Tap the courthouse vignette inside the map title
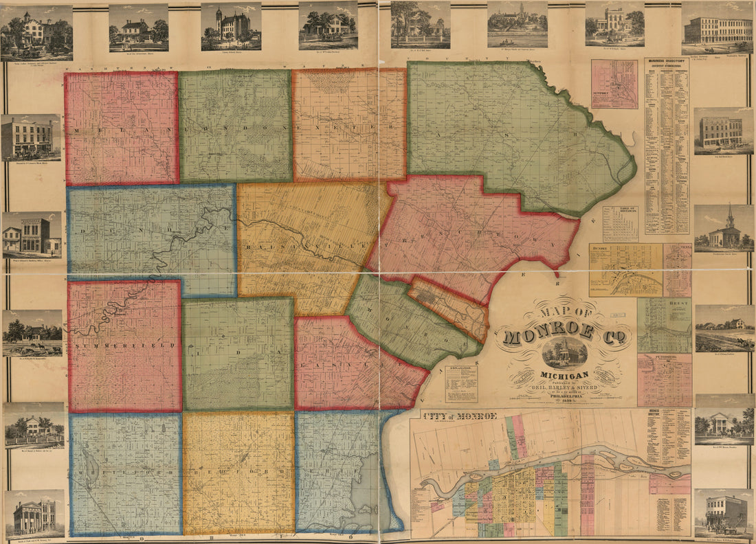(x=564, y=352)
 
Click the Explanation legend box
(x=461, y=383)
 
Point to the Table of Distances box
(x=620, y=223)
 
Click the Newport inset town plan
(x=614, y=84)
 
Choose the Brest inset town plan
(x=664, y=325)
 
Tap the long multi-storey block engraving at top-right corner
(x=718, y=29)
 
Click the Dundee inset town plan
(x=625, y=270)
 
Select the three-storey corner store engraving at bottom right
(x=724, y=512)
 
